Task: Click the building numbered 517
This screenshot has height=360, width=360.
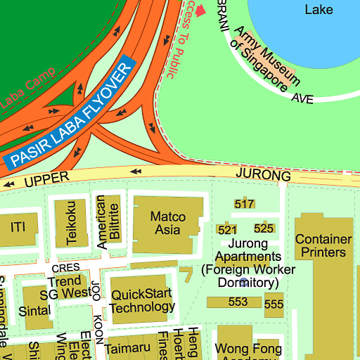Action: click(x=244, y=204)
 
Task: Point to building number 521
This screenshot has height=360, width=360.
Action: click(x=227, y=230)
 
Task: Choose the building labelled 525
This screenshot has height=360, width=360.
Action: click(x=264, y=229)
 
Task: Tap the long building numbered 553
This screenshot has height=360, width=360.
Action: click(x=238, y=302)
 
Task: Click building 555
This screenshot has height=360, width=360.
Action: click(x=274, y=304)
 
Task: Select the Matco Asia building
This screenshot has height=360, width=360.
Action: click(x=168, y=224)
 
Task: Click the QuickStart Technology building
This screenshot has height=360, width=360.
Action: click(x=143, y=300)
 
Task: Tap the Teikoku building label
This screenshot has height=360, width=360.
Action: click(x=71, y=222)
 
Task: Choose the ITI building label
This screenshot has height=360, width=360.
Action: click(x=18, y=227)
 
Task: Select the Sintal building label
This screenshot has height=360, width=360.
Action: click(x=35, y=310)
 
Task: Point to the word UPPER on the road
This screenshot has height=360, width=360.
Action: click(x=48, y=180)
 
